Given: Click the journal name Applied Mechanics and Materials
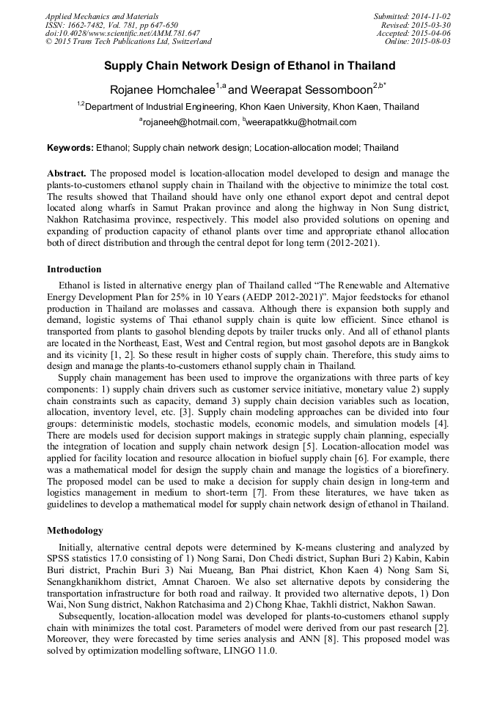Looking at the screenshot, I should click(101, 15).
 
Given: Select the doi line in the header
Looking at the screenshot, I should click(122, 33).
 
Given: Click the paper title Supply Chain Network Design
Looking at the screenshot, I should click(249, 66).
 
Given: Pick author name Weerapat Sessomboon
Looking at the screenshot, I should click(311, 89).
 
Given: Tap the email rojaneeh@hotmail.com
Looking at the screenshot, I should click(190, 122).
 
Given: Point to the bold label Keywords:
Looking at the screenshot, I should click(70, 148).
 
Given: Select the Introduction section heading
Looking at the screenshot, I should click(74, 269).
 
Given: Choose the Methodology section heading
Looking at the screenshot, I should click(75, 530).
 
